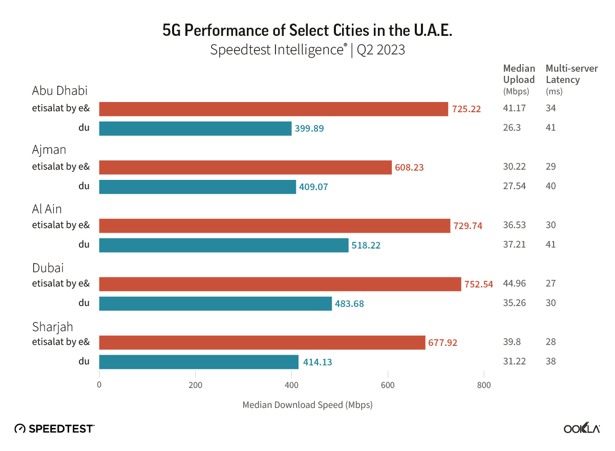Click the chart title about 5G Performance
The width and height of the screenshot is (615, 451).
tap(307, 31)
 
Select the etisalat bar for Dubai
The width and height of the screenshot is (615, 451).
tap(280, 284)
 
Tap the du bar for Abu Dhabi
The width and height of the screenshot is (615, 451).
tap(195, 128)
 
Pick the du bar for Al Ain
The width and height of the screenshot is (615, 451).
tap(224, 245)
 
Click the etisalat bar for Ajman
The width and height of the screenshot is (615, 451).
tap(245, 167)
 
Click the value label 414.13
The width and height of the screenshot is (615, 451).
tap(317, 362)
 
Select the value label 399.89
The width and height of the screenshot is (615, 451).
tap(309, 128)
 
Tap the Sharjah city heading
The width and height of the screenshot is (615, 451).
tap(52, 327)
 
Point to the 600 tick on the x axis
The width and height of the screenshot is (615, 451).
tap(388, 385)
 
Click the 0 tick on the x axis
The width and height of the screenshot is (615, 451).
tap(99, 385)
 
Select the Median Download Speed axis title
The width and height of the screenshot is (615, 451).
tap(307, 405)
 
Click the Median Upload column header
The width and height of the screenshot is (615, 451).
tap(519, 79)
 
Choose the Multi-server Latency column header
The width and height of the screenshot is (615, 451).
tap(564, 79)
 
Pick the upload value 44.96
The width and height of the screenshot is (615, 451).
tap(515, 283)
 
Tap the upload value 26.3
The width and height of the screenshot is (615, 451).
tap(512, 128)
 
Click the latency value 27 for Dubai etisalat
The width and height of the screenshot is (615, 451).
tap(550, 283)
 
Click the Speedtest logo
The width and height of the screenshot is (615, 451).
tap(54, 428)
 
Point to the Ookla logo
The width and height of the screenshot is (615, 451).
tap(582, 428)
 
